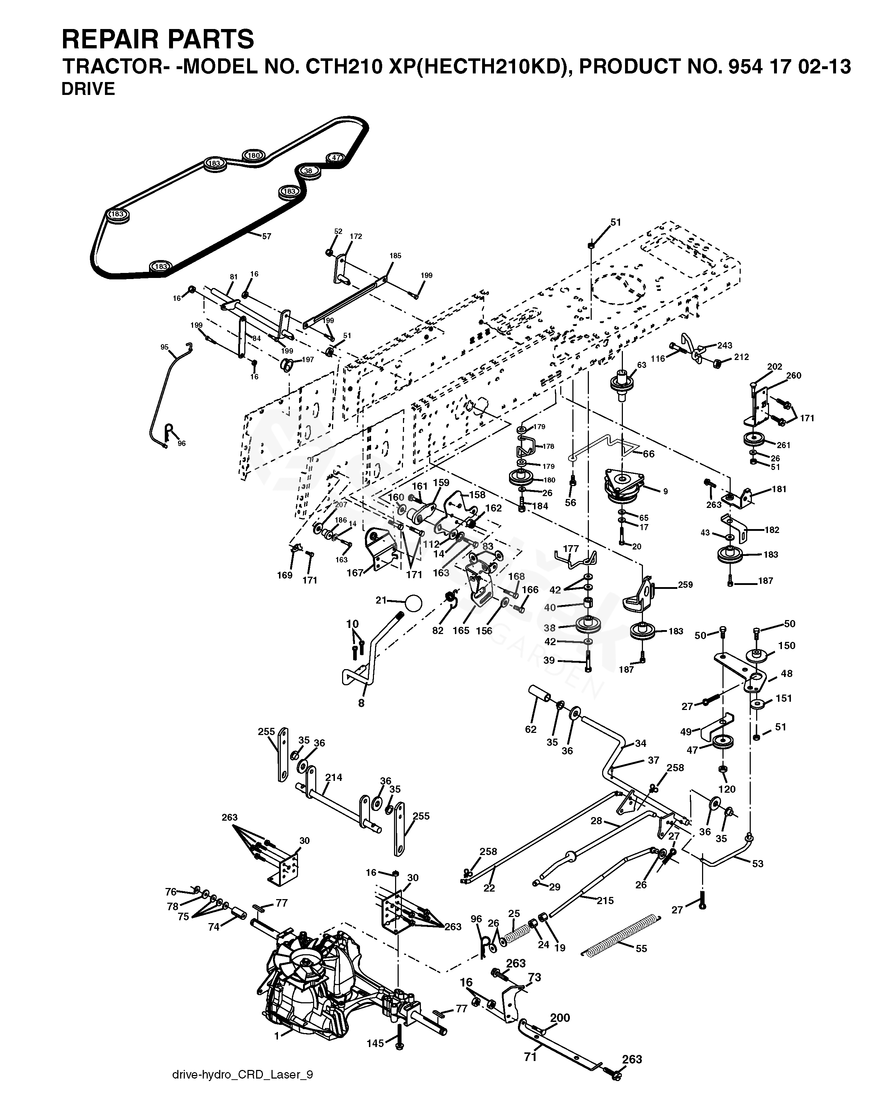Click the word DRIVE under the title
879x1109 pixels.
88,89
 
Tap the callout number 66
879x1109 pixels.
649,454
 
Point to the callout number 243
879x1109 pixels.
724,346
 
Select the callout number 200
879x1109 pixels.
560,1018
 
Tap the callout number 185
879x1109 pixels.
395,256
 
